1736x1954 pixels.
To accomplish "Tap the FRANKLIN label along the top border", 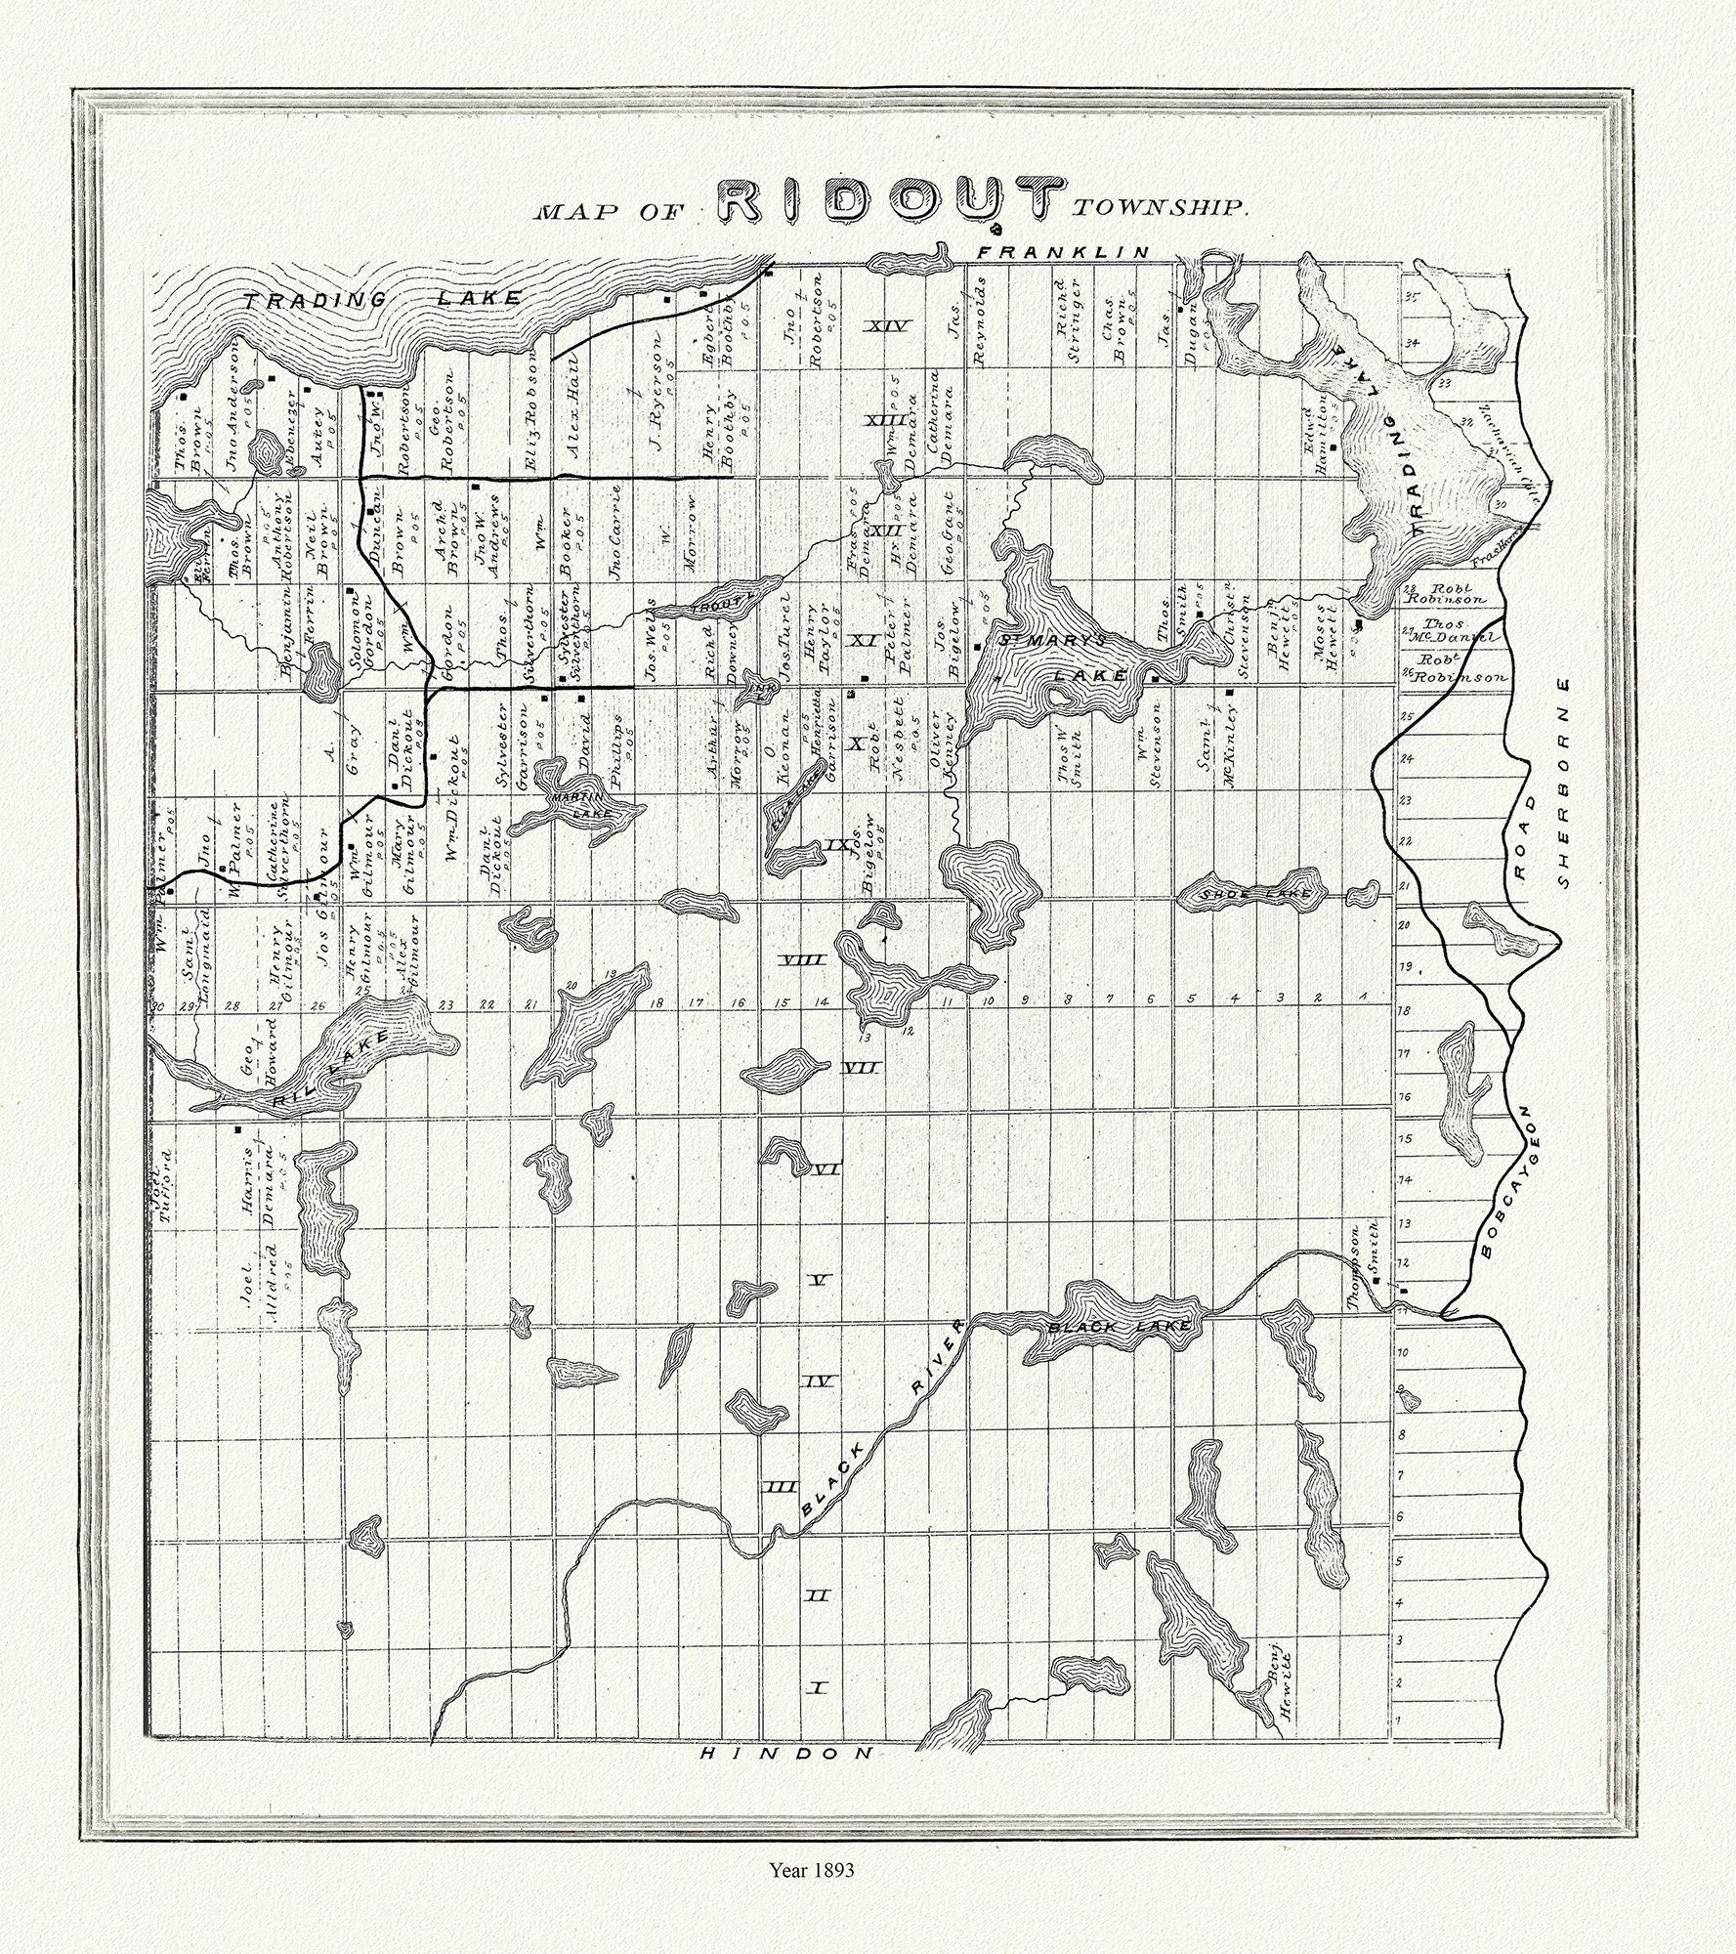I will [x=1065, y=253].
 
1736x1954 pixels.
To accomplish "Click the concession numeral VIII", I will [x=806, y=961].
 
